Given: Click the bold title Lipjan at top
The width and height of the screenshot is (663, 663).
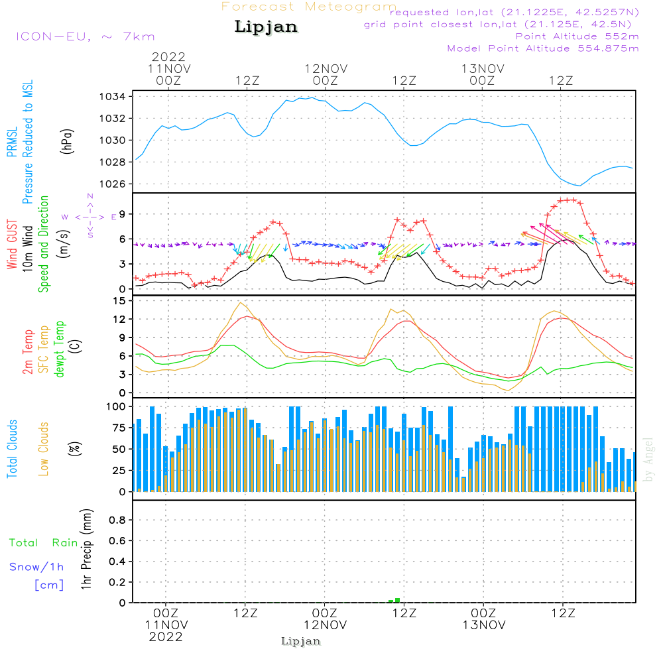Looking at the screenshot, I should coord(266,27).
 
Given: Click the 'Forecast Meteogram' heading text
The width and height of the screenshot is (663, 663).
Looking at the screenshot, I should coord(309,7).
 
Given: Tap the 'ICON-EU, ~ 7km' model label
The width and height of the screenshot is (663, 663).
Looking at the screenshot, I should coord(85,36).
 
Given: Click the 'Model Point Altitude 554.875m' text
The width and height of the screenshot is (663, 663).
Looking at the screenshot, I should coord(543,48).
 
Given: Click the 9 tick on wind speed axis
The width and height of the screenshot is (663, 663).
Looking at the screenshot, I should coord(121,214).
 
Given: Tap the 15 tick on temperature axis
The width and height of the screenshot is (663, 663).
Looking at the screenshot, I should coord(119,301).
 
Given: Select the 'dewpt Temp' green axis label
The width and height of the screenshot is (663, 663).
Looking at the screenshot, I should coord(60,349).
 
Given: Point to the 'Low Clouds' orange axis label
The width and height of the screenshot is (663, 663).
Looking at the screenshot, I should coord(44,448).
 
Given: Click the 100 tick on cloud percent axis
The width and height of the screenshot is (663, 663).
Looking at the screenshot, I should coord(116,406).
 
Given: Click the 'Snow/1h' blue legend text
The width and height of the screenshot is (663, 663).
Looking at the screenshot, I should coord(37,567).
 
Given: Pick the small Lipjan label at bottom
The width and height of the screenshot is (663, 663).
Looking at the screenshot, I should coord(301,641).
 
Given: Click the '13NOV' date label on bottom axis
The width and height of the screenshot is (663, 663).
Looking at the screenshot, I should coord(484,625).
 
